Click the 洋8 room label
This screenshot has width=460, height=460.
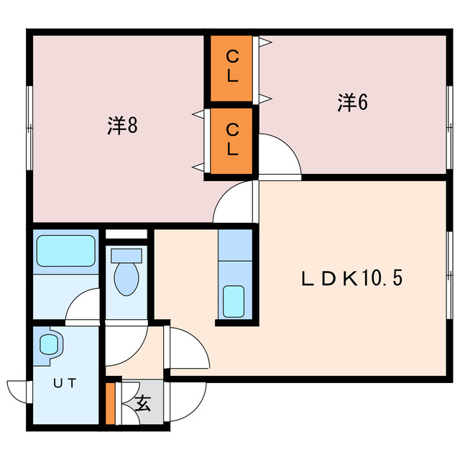(x=122, y=126)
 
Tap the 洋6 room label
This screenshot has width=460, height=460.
(x=352, y=103)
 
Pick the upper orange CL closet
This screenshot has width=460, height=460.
(x=232, y=67)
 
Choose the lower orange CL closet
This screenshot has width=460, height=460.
(x=232, y=139)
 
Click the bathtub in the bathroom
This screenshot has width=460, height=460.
(x=65, y=252)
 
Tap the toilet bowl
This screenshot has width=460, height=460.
(x=126, y=279)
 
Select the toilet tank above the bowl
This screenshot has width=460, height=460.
(x=126, y=254)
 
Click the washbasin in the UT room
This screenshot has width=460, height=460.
(x=49, y=344)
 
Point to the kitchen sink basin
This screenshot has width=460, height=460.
(x=234, y=301)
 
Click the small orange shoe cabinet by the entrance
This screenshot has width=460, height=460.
(x=111, y=405)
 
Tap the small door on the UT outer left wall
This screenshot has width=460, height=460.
(x=16, y=392)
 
